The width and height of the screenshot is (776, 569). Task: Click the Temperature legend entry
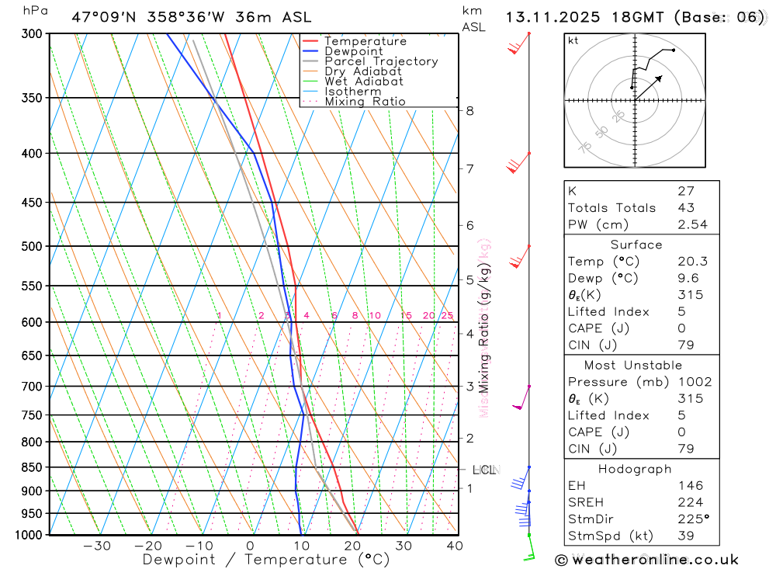click(365, 41)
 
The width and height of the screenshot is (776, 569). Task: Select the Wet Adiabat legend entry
click(363, 82)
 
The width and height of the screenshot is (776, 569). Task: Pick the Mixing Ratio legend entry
click(365, 102)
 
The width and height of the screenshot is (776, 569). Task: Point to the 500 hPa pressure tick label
click(32, 246)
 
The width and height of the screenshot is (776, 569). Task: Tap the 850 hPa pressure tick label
click(32, 467)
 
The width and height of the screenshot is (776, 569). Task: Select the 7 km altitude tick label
click(470, 168)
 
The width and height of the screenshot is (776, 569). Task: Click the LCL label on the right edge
click(484, 470)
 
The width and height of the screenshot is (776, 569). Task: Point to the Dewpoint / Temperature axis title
click(265, 560)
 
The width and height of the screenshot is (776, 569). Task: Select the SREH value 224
click(687, 502)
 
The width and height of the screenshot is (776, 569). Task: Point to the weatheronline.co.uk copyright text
click(646, 560)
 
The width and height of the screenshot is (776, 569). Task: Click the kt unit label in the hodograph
click(573, 41)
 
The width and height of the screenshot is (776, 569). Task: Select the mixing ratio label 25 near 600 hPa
click(447, 315)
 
